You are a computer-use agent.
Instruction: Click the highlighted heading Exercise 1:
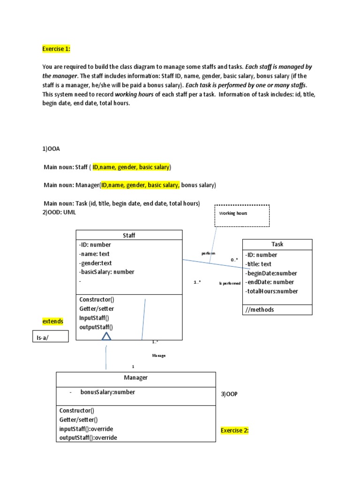coord(56,49)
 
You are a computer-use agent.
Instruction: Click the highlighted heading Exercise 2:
coord(234,430)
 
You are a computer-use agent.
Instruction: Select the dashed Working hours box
coord(242,215)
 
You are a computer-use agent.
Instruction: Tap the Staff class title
coord(129,235)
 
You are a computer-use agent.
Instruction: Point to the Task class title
coord(277,244)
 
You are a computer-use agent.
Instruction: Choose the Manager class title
coord(136,377)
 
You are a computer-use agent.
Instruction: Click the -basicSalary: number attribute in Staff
coord(107,272)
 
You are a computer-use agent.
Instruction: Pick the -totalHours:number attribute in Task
coord(271,291)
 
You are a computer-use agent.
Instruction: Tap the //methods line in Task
coord(259,309)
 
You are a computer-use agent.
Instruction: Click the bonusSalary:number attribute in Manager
coord(107,392)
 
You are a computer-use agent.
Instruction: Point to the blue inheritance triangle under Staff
coord(106,336)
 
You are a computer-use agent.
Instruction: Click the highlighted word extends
coord(53,321)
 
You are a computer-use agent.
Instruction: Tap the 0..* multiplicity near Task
coord(234,260)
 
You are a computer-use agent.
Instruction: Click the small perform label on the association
coord(208,253)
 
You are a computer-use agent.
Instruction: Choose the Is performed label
coord(230,283)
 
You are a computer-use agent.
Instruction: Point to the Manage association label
coord(159,355)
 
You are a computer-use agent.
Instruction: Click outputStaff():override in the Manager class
coord(88,437)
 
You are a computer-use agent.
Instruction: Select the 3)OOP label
coord(229,394)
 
